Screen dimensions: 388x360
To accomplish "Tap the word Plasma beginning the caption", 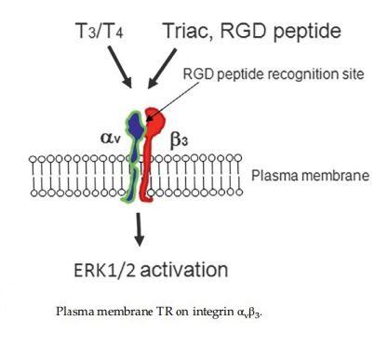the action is pos(74,310).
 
